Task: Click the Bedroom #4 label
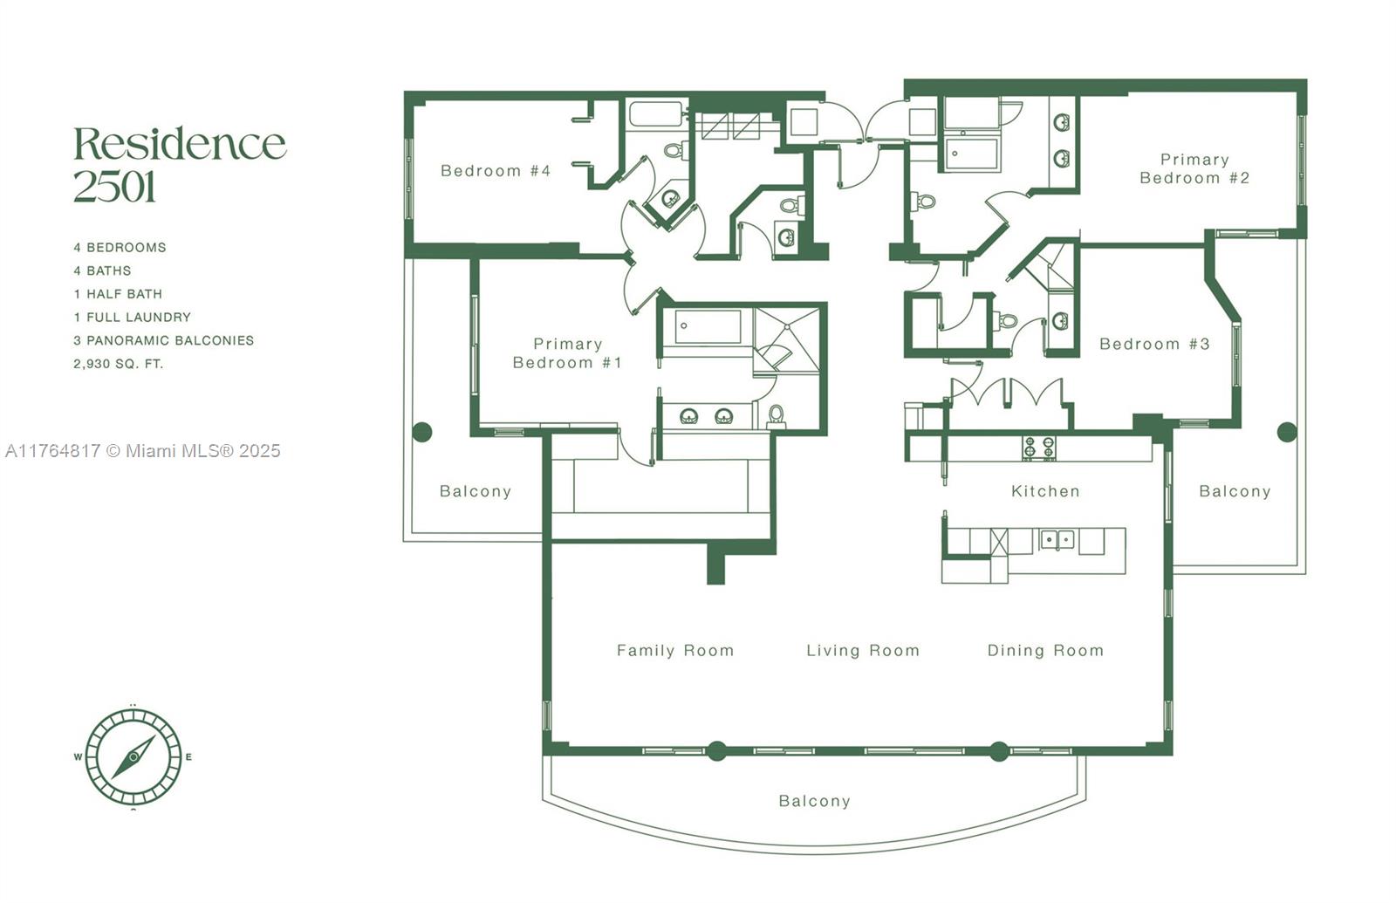pyautogui.click(x=496, y=171)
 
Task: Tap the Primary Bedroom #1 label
pyautogui.click(x=567, y=353)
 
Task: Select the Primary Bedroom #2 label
pyautogui.click(x=1194, y=169)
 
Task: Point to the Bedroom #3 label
pyautogui.click(x=1154, y=344)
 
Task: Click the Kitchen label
pyautogui.click(x=1045, y=491)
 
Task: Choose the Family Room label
pyautogui.click(x=675, y=651)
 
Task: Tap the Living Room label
pyautogui.click(x=863, y=651)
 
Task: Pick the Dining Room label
pyautogui.click(x=1045, y=651)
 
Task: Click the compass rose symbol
pyautogui.click(x=133, y=757)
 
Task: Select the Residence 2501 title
pyautogui.click(x=180, y=164)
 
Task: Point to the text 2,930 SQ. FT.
pyautogui.click(x=119, y=364)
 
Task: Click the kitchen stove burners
pyautogui.click(x=1039, y=448)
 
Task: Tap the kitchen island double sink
pyautogui.click(x=1057, y=540)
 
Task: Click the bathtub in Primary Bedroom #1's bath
pyautogui.click(x=708, y=326)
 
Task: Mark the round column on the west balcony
pyautogui.click(x=422, y=432)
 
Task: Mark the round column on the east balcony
pyautogui.click(x=1287, y=432)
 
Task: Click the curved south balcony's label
pyautogui.click(x=815, y=801)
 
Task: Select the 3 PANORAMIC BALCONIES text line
pyautogui.click(x=164, y=341)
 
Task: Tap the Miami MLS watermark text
pyautogui.click(x=143, y=450)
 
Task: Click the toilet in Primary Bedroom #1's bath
pyautogui.click(x=776, y=415)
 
